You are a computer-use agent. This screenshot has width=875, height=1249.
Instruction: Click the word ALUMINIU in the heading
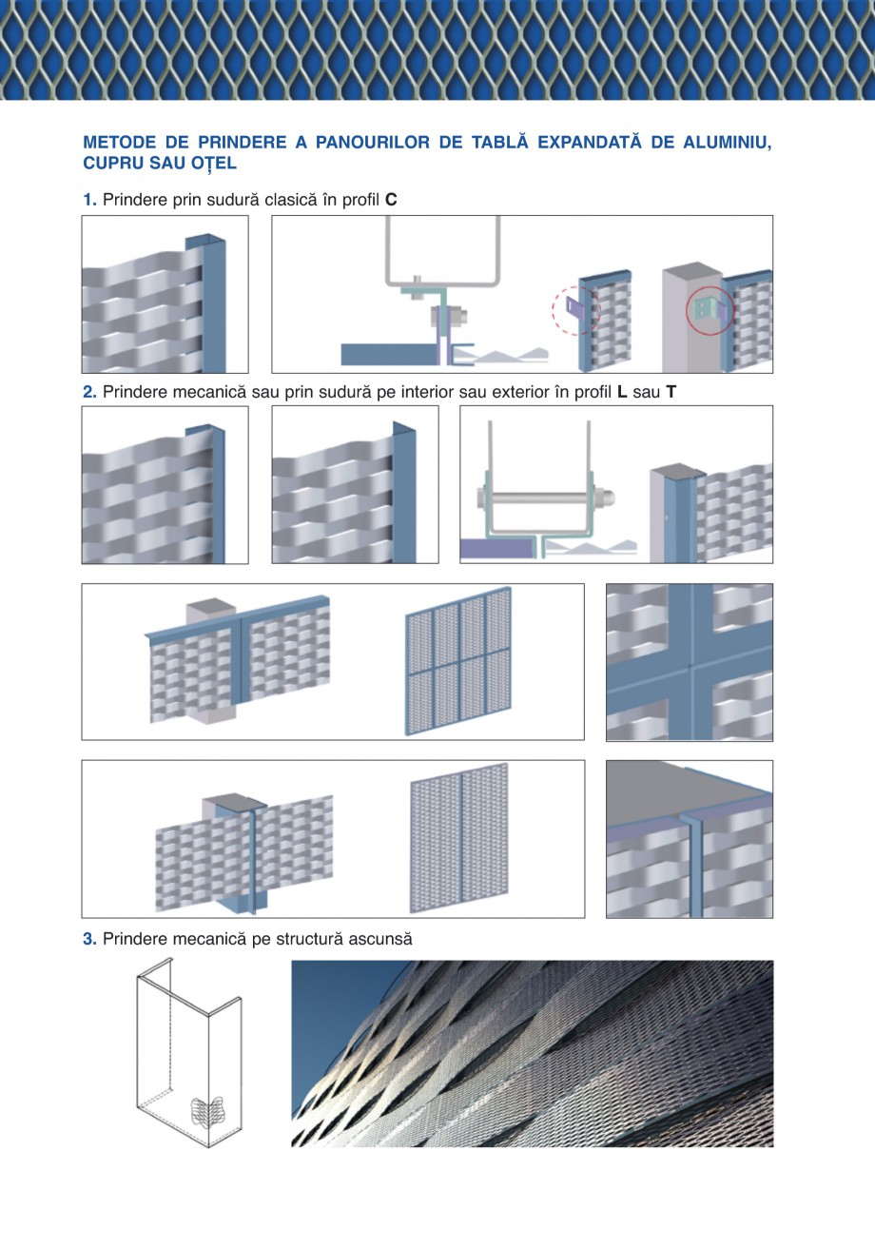(727, 143)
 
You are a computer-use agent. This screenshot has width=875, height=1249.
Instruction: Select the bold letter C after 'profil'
(391, 200)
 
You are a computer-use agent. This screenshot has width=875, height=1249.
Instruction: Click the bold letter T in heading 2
(671, 392)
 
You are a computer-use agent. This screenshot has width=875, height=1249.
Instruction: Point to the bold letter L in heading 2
(622, 392)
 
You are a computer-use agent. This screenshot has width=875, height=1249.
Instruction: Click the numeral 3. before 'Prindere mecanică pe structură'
(89, 939)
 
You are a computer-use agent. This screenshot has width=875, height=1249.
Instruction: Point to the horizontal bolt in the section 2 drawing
(546, 498)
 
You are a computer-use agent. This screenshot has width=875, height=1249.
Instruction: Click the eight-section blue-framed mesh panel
(458, 661)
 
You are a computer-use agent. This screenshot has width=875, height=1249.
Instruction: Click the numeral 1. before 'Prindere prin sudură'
(89, 200)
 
